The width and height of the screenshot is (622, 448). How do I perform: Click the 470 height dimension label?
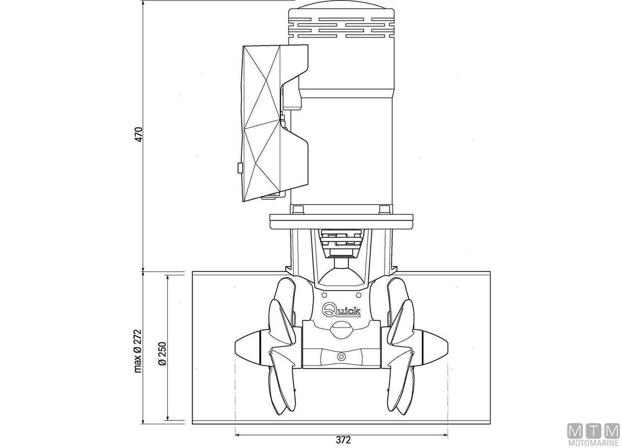(140, 135)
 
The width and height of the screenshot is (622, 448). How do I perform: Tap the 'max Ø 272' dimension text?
(138, 351)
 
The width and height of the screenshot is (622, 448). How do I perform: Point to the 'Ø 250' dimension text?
(162, 353)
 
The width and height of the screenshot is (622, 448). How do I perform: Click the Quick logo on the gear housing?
(342, 309)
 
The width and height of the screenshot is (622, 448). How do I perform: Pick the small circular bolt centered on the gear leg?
(341, 356)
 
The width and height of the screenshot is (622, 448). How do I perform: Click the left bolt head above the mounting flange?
(298, 209)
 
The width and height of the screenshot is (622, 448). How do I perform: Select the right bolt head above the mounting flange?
(384, 209)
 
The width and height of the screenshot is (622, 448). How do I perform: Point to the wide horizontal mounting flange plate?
(341, 221)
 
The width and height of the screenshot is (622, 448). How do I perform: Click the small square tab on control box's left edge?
(239, 168)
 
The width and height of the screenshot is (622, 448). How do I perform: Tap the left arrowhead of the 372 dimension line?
(237, 435)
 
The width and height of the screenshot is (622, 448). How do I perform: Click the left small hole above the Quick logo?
(325, 295)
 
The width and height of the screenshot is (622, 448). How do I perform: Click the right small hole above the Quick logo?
(358, 295)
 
